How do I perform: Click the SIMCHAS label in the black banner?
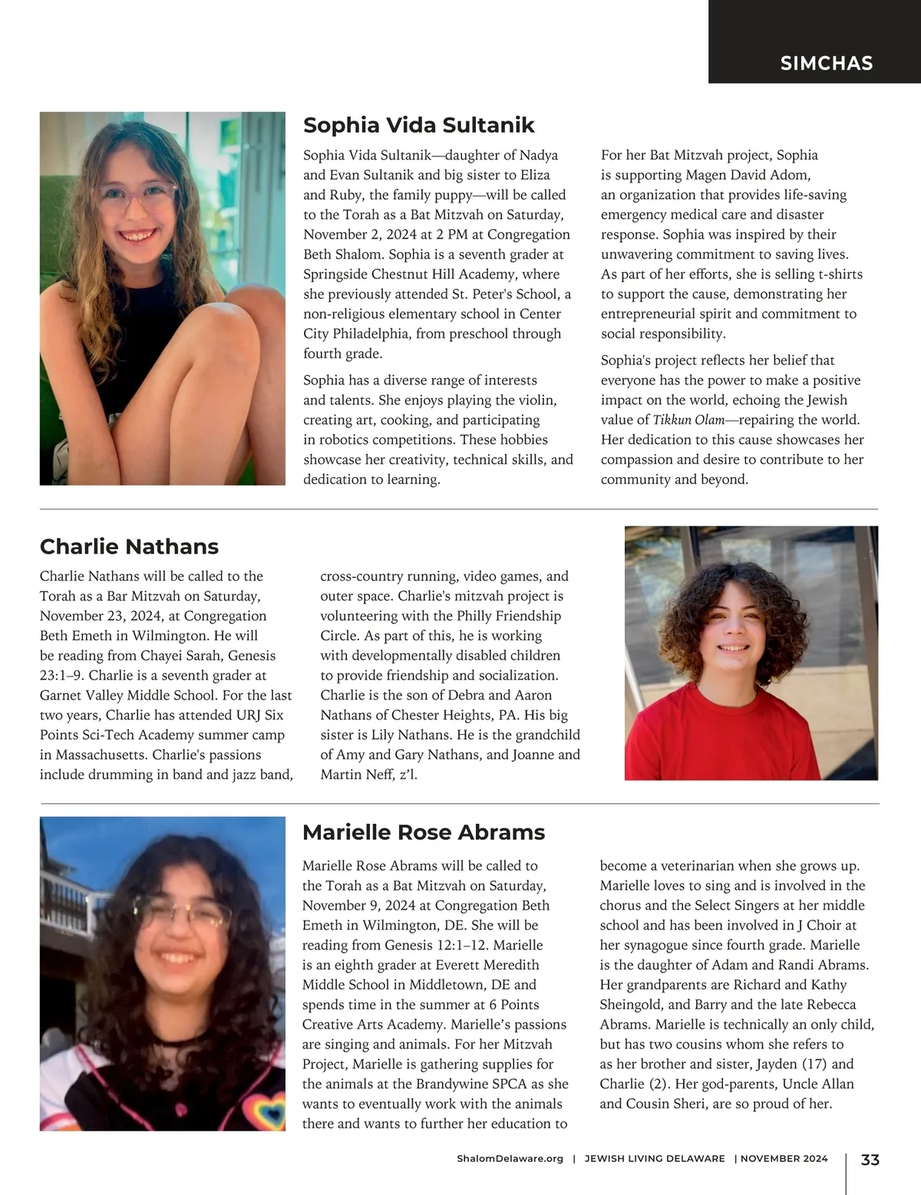(x=826, y=63)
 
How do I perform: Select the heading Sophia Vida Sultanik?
(x=418, y=125)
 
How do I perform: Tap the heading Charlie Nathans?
(x=129, y=546)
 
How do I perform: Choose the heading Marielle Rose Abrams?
(x=423, y=832)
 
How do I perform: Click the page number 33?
(x=870, y=1160)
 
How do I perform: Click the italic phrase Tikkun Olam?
(x=688, y=420)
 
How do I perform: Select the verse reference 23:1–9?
(x=62, y=675)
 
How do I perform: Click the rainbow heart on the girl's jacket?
(x=259, y=1108)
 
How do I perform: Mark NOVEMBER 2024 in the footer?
(x=784, y=1159)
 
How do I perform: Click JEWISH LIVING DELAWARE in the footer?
(x=654, y=1159)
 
